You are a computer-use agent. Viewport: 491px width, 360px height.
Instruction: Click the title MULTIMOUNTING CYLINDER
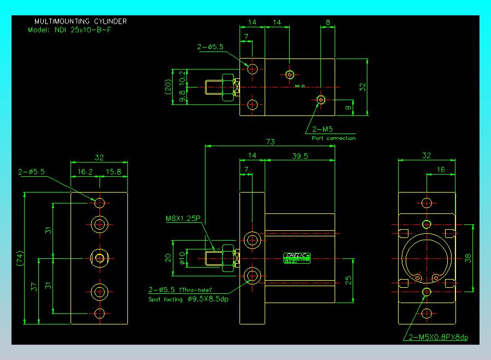click(x=80, y=21)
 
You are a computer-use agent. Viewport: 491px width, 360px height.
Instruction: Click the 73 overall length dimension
click(x=270, y=142)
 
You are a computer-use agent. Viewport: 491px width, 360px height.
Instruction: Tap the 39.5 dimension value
click(x=300, y=156)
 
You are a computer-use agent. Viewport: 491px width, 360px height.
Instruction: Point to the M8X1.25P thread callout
click(x=183, y=218)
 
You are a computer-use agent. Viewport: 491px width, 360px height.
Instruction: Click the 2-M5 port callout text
click(x=322, y=130)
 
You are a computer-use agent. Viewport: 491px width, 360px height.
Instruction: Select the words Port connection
click(x=334, y=138)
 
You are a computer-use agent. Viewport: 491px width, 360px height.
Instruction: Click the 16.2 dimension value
click(x=85, y=171)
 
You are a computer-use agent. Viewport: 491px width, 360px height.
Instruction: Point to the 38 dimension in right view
click(x=468, y=258)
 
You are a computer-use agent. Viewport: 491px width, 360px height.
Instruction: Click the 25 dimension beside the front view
click(x=348, y=280)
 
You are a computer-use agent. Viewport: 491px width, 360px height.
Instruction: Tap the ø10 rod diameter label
click(x=183, y=257)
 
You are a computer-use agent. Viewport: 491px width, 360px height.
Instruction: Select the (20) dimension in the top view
click(x=168, y=87)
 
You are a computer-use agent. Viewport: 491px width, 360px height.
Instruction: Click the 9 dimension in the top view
click(x=348, y=108)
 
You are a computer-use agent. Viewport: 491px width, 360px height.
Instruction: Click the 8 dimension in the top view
click(x=328, y=22)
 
